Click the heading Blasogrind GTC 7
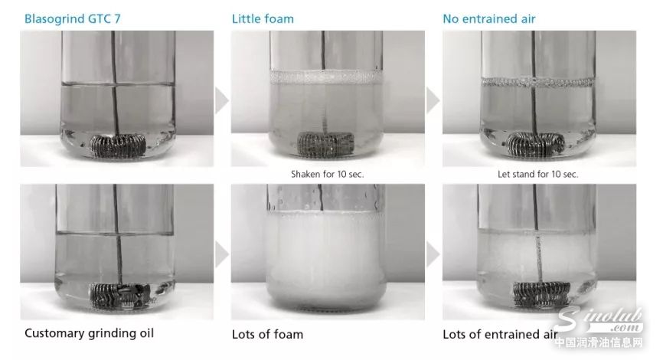coord(72,19)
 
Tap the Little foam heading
coord(263,19)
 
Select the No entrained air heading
coord(488,19)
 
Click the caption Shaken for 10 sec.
coord(327,174)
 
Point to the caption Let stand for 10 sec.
coord(538,174)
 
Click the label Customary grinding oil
coord(90,333)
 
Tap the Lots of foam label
coord(267,334)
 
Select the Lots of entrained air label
coord(500,334)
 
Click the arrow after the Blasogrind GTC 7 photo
coord(222,100)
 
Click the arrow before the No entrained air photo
coord(433,100)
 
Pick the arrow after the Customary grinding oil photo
coord(222,254)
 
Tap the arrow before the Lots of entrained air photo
coord(433,254)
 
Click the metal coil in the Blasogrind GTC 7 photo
coord(118,145)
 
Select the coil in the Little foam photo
coord(325,144)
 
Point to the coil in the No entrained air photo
coord(536,144)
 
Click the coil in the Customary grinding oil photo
coord(120,295)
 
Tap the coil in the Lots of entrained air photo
coord(541,293)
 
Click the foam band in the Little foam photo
coord(326,77)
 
